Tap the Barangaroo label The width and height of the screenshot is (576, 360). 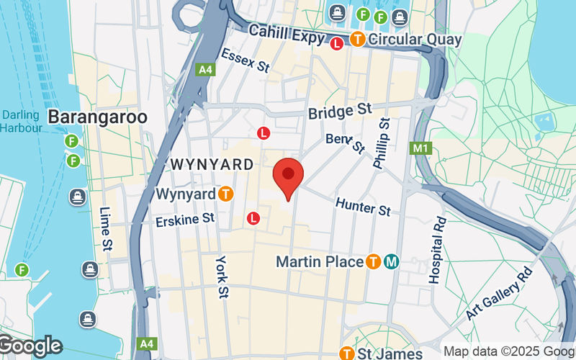pos(97,117)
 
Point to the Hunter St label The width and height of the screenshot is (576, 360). pos(363,207)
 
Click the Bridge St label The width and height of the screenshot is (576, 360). pos(339,112)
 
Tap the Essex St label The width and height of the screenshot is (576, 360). pos(244,60)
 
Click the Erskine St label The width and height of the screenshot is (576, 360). pos(185,218)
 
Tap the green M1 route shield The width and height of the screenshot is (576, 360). pos(420,148)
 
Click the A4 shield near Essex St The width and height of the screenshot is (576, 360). pos(204,70)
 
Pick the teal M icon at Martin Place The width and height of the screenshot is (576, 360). pos(392,261)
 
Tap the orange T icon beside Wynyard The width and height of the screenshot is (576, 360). pos(226,194)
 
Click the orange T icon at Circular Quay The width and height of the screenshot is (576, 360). pos(358,39)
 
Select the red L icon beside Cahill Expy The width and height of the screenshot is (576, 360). pos(336,44)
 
